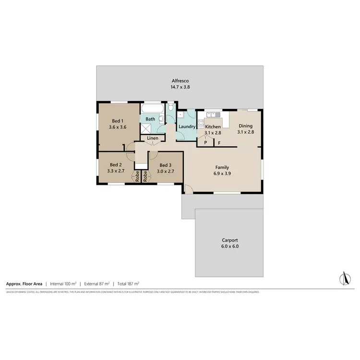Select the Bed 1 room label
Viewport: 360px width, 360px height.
(x=118, y=120)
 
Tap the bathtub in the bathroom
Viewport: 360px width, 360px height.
(x=153, y=108)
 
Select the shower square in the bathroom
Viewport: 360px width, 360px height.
(x=145, y=128)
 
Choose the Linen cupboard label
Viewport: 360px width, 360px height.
(x=153, y=138)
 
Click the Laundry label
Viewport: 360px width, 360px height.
(x=186, y=127)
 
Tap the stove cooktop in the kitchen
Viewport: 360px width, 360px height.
(x=201, y=123)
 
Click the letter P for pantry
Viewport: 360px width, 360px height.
(x=205, y=143)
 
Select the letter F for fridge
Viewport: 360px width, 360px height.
(x=219, y=143)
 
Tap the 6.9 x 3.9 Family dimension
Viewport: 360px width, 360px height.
(x=222, y=174)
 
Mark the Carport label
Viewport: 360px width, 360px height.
(x=230, y=240)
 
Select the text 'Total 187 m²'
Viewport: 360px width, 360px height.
(x=128, y=284)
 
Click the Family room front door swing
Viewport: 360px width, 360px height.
(x=189, y=190)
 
